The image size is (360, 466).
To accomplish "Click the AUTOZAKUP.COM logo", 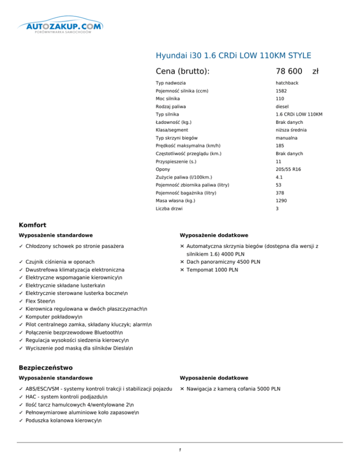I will point(61,28).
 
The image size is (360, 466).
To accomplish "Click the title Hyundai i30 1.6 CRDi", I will point(233,56).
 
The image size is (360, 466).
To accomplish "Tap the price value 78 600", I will point(289,71).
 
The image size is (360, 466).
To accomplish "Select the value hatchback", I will point(287,83).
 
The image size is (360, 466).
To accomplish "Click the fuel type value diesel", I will point(282,106).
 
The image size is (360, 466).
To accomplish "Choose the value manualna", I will point(287,138).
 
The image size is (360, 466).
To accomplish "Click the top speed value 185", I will point(280,146).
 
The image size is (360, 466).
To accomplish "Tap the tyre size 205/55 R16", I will point(289,169).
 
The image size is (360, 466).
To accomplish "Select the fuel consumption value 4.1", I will point(279,177).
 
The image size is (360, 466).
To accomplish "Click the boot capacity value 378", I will point(280,193).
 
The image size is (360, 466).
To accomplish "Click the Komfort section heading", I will point(32,225).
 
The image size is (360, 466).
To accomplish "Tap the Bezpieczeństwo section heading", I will point(45,368).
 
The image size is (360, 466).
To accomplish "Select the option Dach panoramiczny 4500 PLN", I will point(223,262).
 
